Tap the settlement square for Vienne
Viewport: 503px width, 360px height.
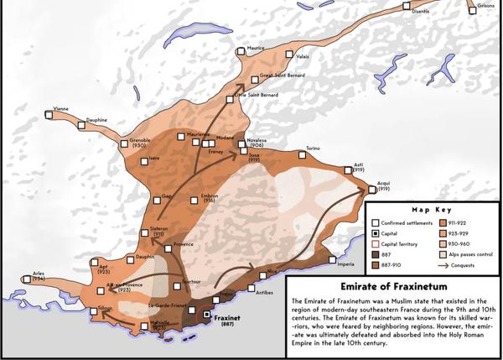point(49,117)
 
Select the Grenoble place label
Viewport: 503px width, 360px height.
point(141,140)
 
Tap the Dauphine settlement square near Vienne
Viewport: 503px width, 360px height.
point(81,125)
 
